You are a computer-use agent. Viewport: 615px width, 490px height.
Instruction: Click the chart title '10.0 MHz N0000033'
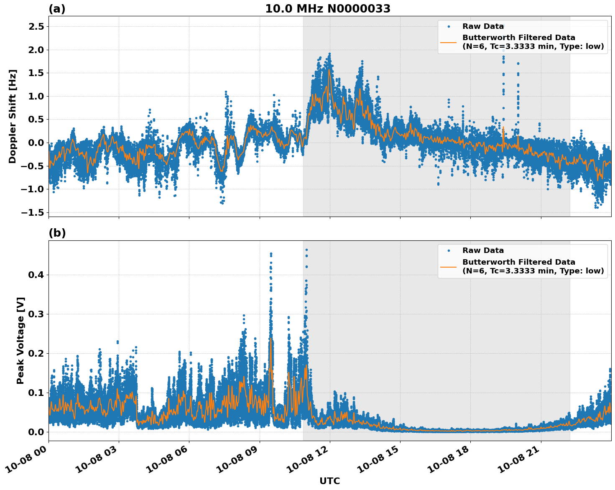click(x=328, y=9)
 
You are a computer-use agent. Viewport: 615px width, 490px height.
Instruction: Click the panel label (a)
click(x=57, y=9)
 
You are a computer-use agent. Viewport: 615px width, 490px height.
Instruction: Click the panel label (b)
click(x=57, y=233)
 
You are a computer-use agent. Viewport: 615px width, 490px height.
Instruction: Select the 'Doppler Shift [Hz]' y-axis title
click(x=13, y=116)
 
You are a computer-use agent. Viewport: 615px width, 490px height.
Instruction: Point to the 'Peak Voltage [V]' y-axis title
click(x=20, y=340)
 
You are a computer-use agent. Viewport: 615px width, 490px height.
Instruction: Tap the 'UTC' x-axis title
click(x=329, y=481)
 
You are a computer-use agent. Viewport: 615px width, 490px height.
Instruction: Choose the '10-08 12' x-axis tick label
click(x=308, y=461)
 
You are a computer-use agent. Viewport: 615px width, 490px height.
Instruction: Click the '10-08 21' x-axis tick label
click(x=519, y=461)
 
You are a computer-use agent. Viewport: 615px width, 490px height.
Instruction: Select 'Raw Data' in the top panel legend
click(x=483, y=26)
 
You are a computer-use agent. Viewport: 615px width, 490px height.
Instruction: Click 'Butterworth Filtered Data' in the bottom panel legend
click(x=518, y=262)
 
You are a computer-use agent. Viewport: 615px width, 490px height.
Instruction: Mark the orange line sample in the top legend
click(x=448, y=42)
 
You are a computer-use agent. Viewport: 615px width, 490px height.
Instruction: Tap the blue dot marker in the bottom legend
click(x=448, y=250)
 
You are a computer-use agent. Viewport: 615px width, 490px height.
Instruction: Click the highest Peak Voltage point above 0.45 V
click(x=306, y=250)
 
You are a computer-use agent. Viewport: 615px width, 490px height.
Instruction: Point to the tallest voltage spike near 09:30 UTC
click(x=271, y=254)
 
